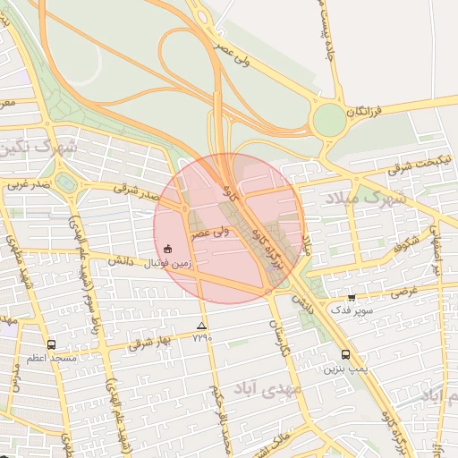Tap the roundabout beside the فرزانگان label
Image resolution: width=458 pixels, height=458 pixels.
329,118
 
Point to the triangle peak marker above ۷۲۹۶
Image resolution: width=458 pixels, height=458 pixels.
201,327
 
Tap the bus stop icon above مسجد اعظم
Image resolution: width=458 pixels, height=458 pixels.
50,344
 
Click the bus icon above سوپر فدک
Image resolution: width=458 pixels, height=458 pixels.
352,298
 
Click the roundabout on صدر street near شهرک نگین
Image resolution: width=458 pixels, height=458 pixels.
64,183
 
